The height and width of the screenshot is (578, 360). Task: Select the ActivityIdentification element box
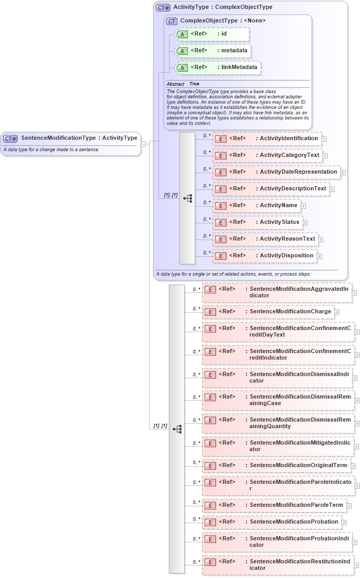[x=267, y=139]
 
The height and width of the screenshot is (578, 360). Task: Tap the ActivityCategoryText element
[x=267, y=155]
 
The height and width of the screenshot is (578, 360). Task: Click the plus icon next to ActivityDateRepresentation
[x=343, y=172]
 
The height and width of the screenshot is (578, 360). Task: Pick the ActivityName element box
[x=257, y=206]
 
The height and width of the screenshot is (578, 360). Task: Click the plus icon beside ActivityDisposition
[x=320, y=256]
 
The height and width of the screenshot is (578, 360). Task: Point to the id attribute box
[x=212, y=34]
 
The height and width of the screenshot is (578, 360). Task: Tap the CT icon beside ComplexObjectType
[x=172, y=21]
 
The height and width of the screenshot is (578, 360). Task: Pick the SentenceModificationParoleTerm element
[x=274, y=505]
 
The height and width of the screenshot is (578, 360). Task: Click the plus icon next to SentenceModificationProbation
[x=343, y=523]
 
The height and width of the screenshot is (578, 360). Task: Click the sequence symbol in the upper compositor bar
[x=187, y=198]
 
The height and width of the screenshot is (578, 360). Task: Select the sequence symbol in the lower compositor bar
[x=177, y=429]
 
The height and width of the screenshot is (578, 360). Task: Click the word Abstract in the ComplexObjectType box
[x=175, y=84]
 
